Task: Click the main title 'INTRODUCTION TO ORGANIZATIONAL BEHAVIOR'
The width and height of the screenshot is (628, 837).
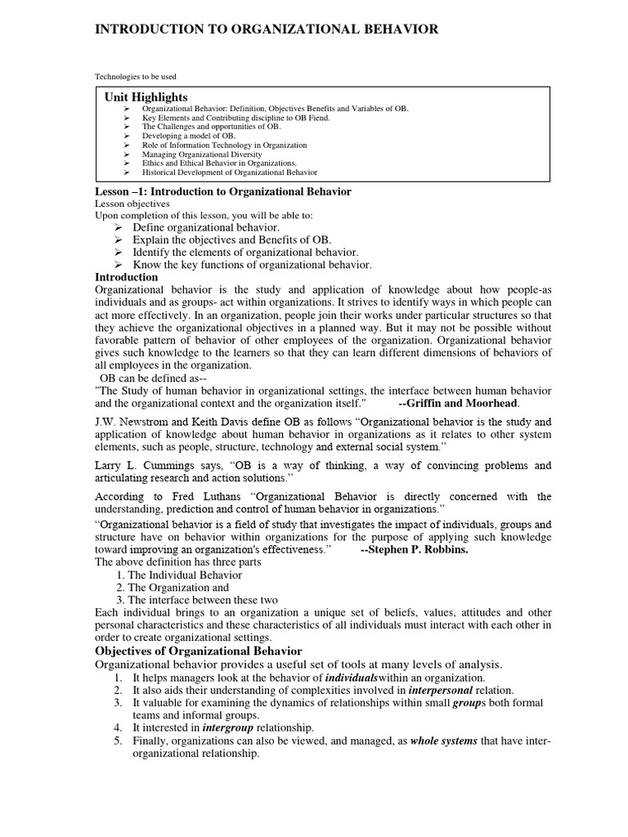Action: pos(267,29)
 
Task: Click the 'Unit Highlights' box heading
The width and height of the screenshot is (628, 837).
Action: pos(146,97)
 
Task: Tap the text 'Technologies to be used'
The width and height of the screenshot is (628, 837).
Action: pos(135,77)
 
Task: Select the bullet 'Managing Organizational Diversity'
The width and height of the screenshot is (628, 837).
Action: pos(202,154)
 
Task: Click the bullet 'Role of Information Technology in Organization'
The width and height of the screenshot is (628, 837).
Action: pos(224,145)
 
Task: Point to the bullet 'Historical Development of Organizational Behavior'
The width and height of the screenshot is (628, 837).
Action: pos(230,172)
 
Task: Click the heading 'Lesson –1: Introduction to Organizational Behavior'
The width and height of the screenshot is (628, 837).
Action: pos(223,191)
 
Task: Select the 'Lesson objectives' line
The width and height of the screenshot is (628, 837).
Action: pos(132,204)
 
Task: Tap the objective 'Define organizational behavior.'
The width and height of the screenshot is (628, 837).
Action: pos(206,227)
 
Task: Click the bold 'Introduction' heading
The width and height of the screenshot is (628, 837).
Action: pos(127,277)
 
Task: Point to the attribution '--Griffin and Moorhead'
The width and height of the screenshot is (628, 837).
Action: pos(457,403)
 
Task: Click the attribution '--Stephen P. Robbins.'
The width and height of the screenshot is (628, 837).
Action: pos(415,550)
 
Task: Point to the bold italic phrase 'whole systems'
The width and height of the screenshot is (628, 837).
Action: pos(443,741)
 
